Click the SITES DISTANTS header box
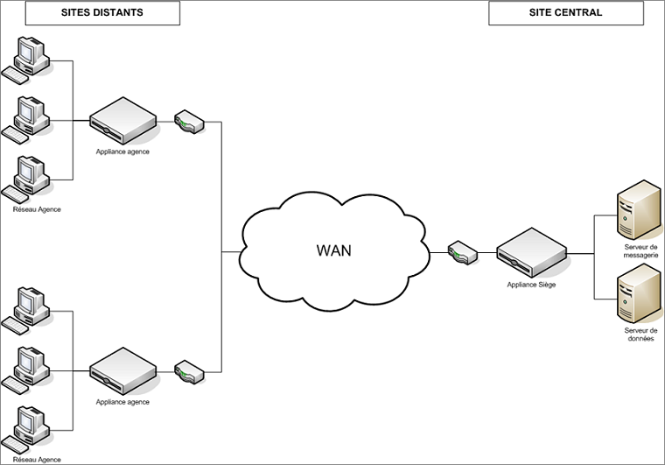coord(102,13)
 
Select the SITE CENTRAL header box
coord(565,13)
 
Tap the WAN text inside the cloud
coord(333,250)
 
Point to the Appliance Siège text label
coord(531,285)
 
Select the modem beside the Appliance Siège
coord(462,253)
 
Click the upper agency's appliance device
coord(123,122)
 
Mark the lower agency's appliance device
coord(123,371)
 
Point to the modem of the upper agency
coord(190,122)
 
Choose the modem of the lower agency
coord(190,372)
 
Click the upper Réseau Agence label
coord(37,209)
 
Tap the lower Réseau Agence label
coord(37,459)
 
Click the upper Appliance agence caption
coord(123,151)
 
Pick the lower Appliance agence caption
coord(123,402)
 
